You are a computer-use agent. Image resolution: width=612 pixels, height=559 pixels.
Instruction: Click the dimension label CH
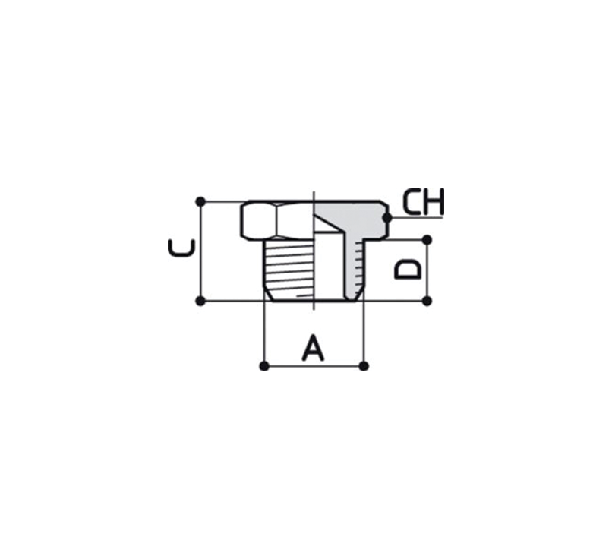(x=423, y=202)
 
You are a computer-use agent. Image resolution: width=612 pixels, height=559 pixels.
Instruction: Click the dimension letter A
(x=313, y=347)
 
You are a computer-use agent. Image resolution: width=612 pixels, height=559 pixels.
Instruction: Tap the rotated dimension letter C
(x=181, y=248)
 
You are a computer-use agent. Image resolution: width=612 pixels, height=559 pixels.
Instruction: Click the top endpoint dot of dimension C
(x=200, y=202)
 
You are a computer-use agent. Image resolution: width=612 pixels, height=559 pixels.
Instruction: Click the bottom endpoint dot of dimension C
(x=200, y=301)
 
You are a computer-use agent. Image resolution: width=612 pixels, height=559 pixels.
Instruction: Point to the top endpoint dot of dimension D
(x=427, y=239)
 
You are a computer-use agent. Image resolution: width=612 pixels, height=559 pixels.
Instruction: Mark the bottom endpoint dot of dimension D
(x=427, y=301)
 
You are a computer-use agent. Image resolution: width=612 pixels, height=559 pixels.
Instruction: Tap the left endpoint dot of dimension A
(x=264, y=366)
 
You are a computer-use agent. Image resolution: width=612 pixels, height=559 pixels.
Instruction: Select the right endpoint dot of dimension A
(x=364, y=366)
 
